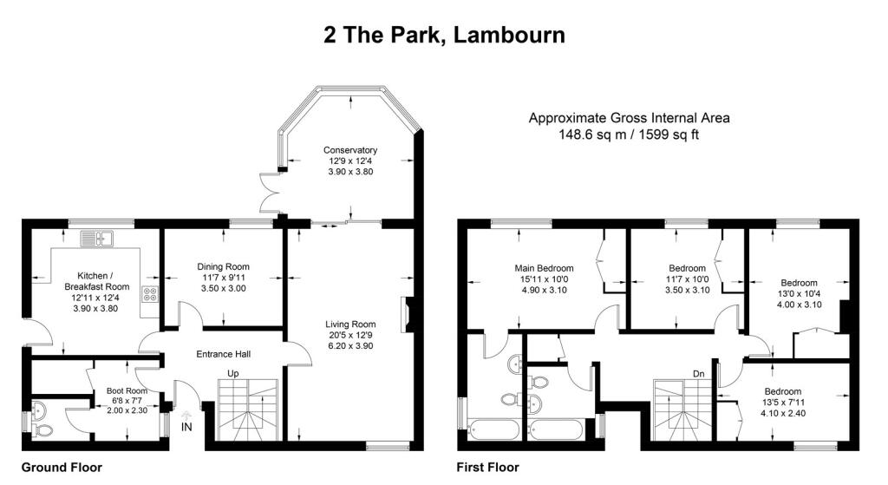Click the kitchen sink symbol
pos(97,239)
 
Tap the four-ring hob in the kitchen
pos(150,294)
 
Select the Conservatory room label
pos(350,150)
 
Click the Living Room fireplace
pos(406,314)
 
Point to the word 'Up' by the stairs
pos(232,373)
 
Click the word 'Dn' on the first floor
pos(699,374)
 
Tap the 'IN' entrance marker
pos(186,427)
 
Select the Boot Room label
pos(127,391)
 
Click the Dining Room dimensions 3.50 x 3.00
pos(223,288)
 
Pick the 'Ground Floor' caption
pos(62,468)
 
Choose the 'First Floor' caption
pos(487,468)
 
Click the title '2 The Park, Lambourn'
pos(445,35)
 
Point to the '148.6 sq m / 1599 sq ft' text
pos(629,134)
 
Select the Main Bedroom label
pos(544,269)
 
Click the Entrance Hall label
pos(223,354)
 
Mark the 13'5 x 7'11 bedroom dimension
pos(783,403)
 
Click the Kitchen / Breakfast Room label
pos(97,281)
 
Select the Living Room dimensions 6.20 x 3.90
pos(350,346)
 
